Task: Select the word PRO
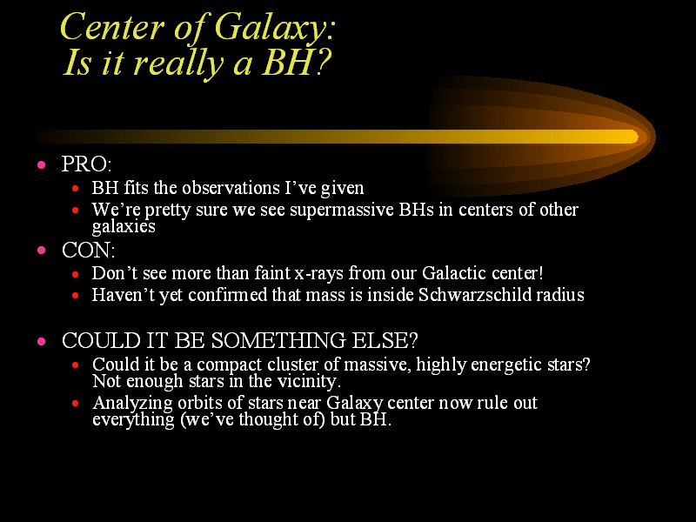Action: pos(84,164)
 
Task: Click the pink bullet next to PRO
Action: pos(42,165)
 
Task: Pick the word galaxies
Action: pos(124,226)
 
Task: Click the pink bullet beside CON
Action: pos(42,251)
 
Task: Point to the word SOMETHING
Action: pos(278,340)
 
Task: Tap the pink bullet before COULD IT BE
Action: pos(42,341)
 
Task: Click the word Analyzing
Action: pos(133,404)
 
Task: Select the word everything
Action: pos(134,420)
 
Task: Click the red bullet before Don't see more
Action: pos(76,275)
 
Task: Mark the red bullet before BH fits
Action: pos(76,189)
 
